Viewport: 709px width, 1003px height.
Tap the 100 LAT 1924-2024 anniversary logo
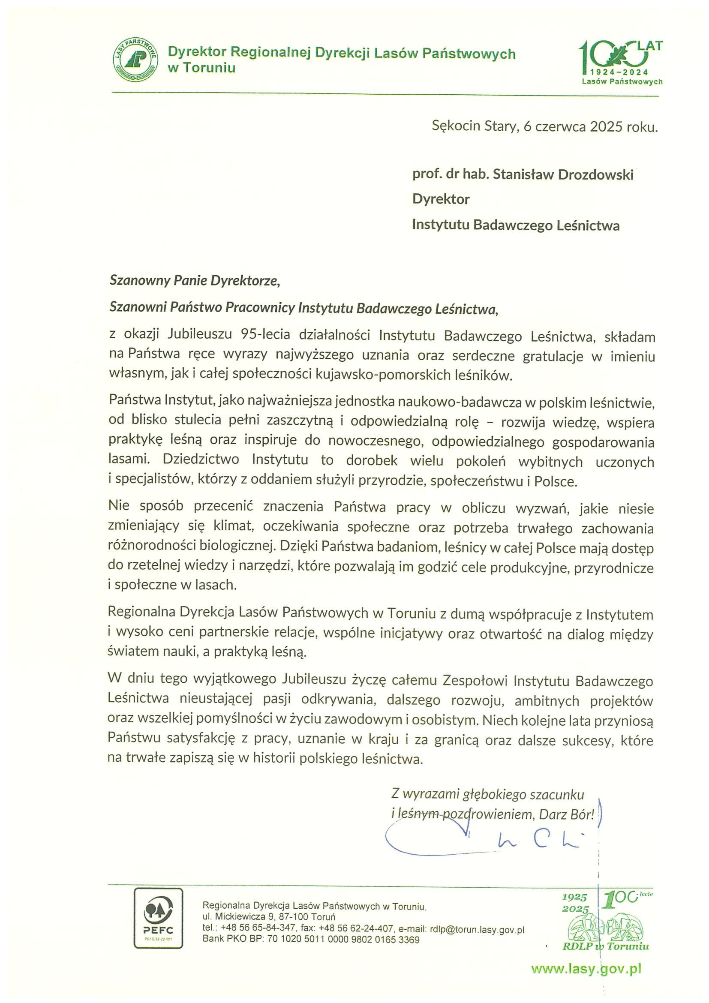pyautogui.click(x=620, y=62)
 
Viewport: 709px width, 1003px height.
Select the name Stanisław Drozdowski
pyautogui.click(x=563, y=175)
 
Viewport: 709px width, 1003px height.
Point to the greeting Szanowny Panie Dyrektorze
pyautogui.click(x=194, y=280)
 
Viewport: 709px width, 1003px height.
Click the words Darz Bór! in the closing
pyautogui.click(x=567, y=814)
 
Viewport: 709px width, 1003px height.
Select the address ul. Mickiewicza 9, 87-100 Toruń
pyautogui.click(x=269, y=916)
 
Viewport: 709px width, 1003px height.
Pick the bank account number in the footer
pyautogui.click(x=343, y=940)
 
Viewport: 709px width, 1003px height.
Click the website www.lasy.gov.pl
pyautogui.click(x=586, y=969)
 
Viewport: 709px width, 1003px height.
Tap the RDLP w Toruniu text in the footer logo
pyautogui.click(x=605, y=947)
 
